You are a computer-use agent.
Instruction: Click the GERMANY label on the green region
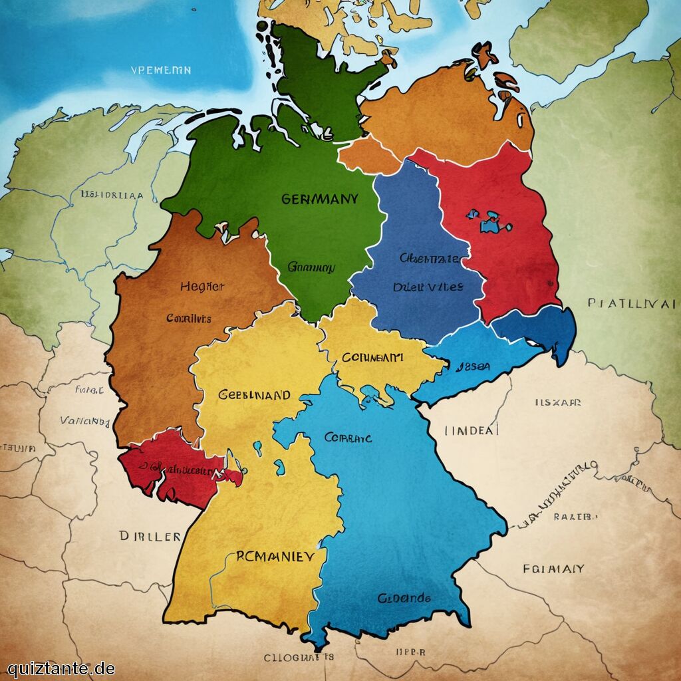tap(319, 199)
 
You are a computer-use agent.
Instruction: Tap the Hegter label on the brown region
tap(202, 287)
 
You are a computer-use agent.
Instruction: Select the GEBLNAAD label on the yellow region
tap(254, 394)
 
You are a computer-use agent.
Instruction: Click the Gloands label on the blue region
tap(404, 598)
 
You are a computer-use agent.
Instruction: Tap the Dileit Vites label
tap(428, 287)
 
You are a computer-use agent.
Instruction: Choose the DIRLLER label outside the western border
tap(150, 536)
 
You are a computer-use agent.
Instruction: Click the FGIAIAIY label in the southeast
tap(553, 569)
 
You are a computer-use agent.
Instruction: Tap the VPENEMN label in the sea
tap(161, 70)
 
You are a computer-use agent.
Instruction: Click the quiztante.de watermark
tap(61, 668)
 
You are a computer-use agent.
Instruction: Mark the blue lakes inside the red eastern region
tap(490, 221)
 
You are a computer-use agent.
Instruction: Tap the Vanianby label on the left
tap(84, 421)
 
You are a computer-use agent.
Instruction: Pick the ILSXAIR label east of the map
tap(558, 402)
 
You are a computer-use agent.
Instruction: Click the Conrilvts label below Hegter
tap(189, 319)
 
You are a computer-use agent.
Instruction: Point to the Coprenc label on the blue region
tap(348, 438)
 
